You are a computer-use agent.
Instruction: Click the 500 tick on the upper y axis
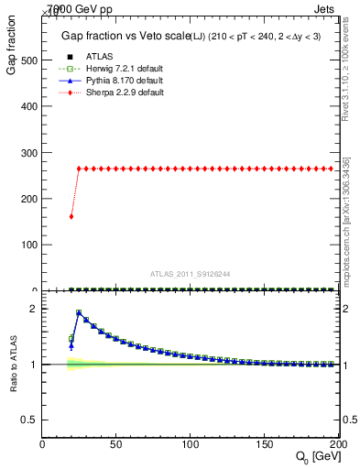tap(28, 60)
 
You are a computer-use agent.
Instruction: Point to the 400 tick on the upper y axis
tap(28, 106)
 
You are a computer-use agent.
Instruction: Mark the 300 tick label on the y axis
tap(28, 153)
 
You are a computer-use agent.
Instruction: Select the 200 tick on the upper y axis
tap(28, 199)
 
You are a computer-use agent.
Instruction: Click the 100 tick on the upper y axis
tap(28, 245)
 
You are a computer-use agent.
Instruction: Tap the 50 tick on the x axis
tap(115, 444)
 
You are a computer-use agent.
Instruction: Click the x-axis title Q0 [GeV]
tap(315, 457)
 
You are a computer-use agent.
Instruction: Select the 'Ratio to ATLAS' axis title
tap(12, 364)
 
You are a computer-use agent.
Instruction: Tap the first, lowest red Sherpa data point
tap(71, 216)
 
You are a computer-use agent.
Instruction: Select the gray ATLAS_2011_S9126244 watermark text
tap(191, 274)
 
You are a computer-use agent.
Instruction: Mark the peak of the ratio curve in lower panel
tap(79, 312)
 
